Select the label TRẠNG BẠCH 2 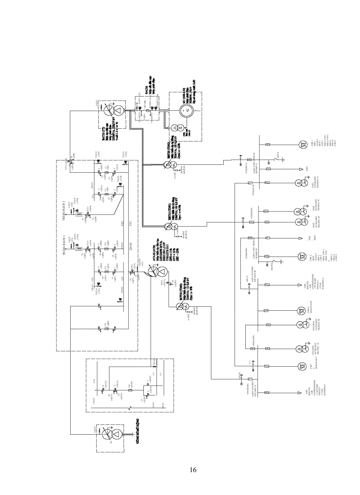coord(64,206)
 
